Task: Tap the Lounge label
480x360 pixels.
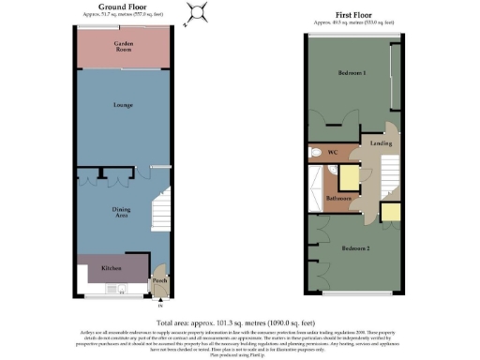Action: [122, 105]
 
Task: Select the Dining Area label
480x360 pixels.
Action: [121, 213]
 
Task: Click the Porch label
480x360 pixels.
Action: [159, 280]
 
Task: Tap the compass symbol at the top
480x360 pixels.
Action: [196, 13]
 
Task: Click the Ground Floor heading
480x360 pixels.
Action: [123, 7]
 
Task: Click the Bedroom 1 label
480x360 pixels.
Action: [351, 72]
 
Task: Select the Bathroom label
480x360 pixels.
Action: [337, 200]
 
